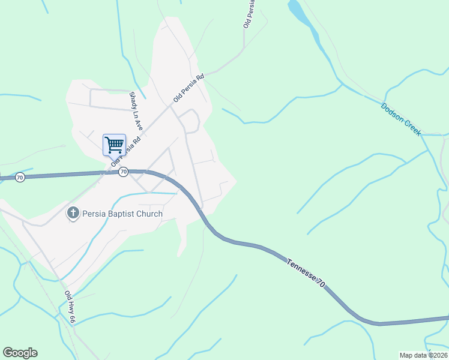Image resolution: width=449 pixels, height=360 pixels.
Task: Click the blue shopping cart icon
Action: [x=114, y=145]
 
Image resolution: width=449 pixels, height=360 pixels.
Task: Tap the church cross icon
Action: [x=73, y=213]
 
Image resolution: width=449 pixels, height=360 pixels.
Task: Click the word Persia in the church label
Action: [x=95, y=214]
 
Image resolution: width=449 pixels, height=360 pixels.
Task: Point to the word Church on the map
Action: [x=149, y=214]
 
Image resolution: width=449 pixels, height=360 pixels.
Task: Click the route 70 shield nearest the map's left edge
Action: [x=20, y=178]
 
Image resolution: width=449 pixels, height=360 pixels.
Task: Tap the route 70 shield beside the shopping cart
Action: [x=123, y=172]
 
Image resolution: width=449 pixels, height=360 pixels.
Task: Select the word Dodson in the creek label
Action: [x=391, y=113]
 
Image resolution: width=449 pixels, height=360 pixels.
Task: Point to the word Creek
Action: [x=413, y=128]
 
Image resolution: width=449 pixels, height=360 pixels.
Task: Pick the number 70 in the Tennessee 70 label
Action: [x=321, y=284]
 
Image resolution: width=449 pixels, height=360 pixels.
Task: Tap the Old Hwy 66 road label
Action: [x=69, y=308]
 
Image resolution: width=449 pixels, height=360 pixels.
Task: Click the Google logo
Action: [x=20, y=353]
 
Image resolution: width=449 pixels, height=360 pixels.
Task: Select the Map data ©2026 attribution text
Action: [x=423, y=355]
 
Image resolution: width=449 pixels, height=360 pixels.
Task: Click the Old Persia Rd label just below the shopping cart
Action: [x=125, y=152]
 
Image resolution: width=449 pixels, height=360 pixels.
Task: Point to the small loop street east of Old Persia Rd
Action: [x=191, y=121]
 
